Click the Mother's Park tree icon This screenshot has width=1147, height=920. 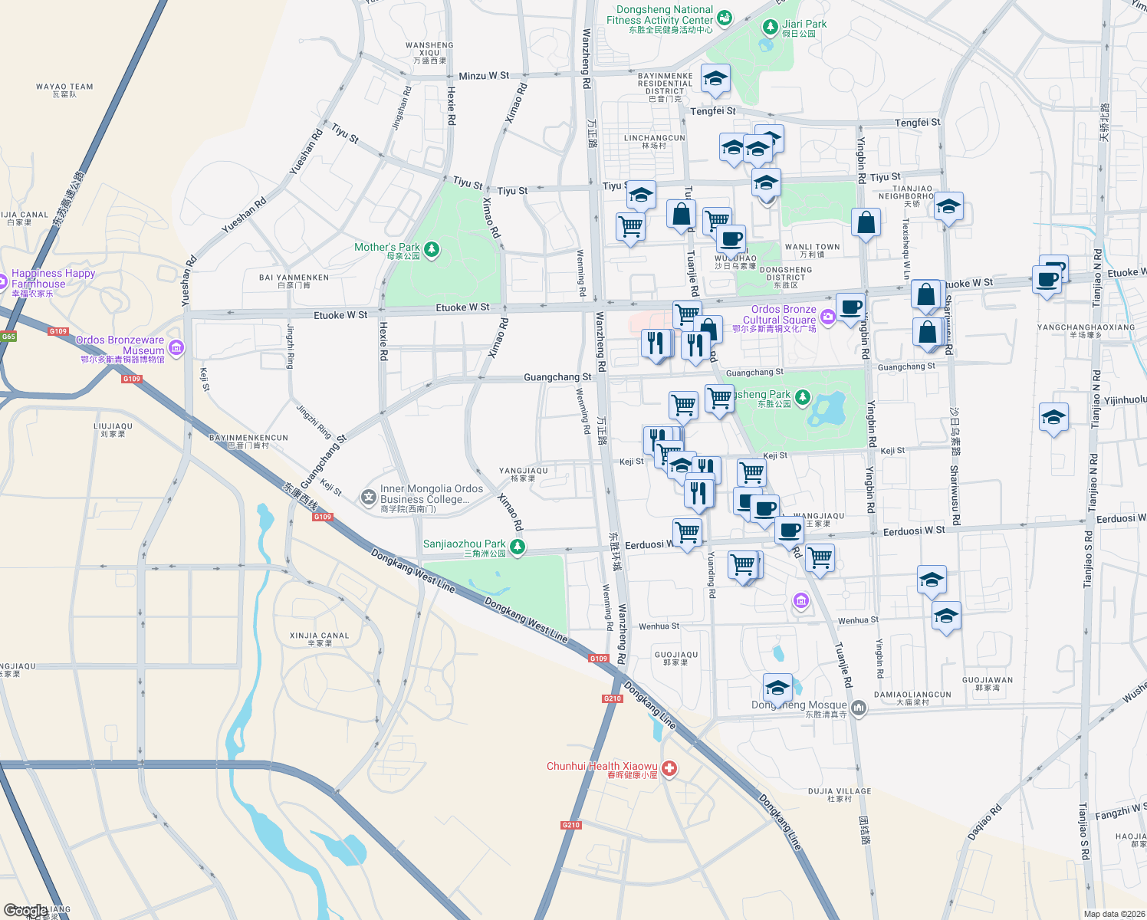click(432, 249)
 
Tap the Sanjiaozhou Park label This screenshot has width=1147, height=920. click(465, 544)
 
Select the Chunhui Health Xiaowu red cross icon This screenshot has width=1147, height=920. click(669, 768)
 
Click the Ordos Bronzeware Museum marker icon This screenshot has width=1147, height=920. click(176, 348)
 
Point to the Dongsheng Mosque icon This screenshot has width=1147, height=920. click(859, 708)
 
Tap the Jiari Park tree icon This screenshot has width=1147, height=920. click(771, 28)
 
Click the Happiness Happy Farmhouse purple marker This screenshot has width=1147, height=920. click(2, 279)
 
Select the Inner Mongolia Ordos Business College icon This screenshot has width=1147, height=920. click(369, 498)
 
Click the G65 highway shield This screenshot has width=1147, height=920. click(8, 337)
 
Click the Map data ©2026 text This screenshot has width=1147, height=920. click(1111, 914)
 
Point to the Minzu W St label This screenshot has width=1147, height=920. click(484, 76)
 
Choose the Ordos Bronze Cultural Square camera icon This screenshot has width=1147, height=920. click(827, 316)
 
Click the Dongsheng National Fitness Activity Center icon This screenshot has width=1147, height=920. click(725, 18)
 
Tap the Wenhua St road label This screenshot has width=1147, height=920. click(858, 620)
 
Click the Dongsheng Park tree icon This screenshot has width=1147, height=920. click(802, 397)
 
